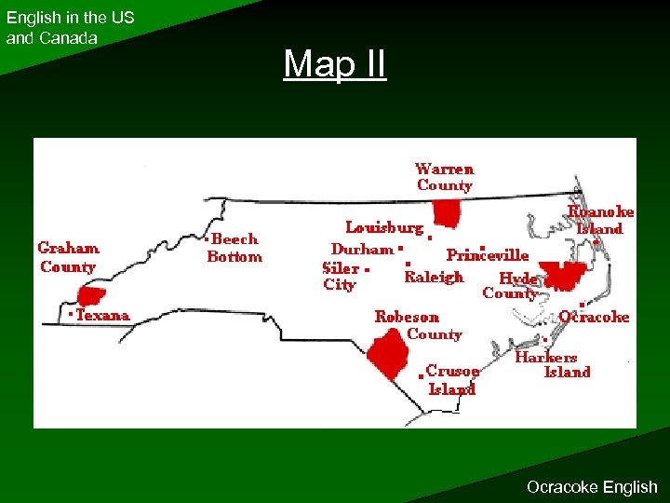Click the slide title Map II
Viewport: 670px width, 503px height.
[334, 65]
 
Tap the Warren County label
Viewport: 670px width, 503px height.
[444, 177]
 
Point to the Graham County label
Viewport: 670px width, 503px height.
[68, 257]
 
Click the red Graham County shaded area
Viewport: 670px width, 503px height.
[90, 296]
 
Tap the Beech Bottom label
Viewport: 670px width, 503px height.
[234, 248]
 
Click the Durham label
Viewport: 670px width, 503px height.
[362, 250]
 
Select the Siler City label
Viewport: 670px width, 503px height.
[341, 277]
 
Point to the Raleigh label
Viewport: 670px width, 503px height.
[434, 277]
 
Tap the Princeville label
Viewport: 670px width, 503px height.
[488, 254]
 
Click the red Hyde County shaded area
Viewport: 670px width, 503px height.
[561, 275]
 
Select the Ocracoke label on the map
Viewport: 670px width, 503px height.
[594, 317]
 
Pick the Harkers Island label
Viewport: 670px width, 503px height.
[554, 364]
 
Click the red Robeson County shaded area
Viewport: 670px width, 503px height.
[388, 352]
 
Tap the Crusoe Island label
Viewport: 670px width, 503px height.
[452, 380]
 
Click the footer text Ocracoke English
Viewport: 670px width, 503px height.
[591, 486]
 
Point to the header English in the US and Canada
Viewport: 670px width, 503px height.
[70, 28]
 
